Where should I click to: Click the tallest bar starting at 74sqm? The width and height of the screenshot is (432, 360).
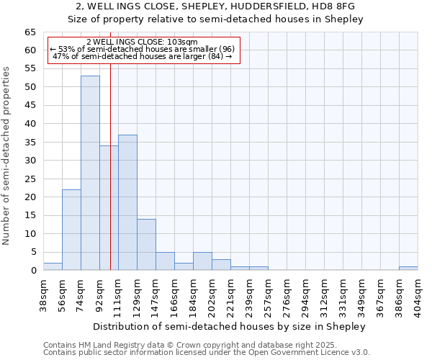[90, 173]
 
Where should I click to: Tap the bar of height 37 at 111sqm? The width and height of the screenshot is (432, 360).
[127, 202]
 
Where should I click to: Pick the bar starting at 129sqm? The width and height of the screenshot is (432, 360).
[146, 244]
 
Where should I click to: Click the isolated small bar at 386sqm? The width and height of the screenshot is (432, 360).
[408, 269]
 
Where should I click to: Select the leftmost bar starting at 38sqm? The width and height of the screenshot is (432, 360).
[53, 266]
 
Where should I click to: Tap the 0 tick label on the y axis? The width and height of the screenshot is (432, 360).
[33, 271]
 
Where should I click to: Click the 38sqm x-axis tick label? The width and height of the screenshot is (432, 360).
[43, 294]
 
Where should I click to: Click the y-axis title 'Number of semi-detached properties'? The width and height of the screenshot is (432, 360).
[6, 156]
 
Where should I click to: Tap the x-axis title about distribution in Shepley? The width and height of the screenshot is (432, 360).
[230, 326]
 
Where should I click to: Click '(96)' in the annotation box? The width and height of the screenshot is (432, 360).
[222, 49]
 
